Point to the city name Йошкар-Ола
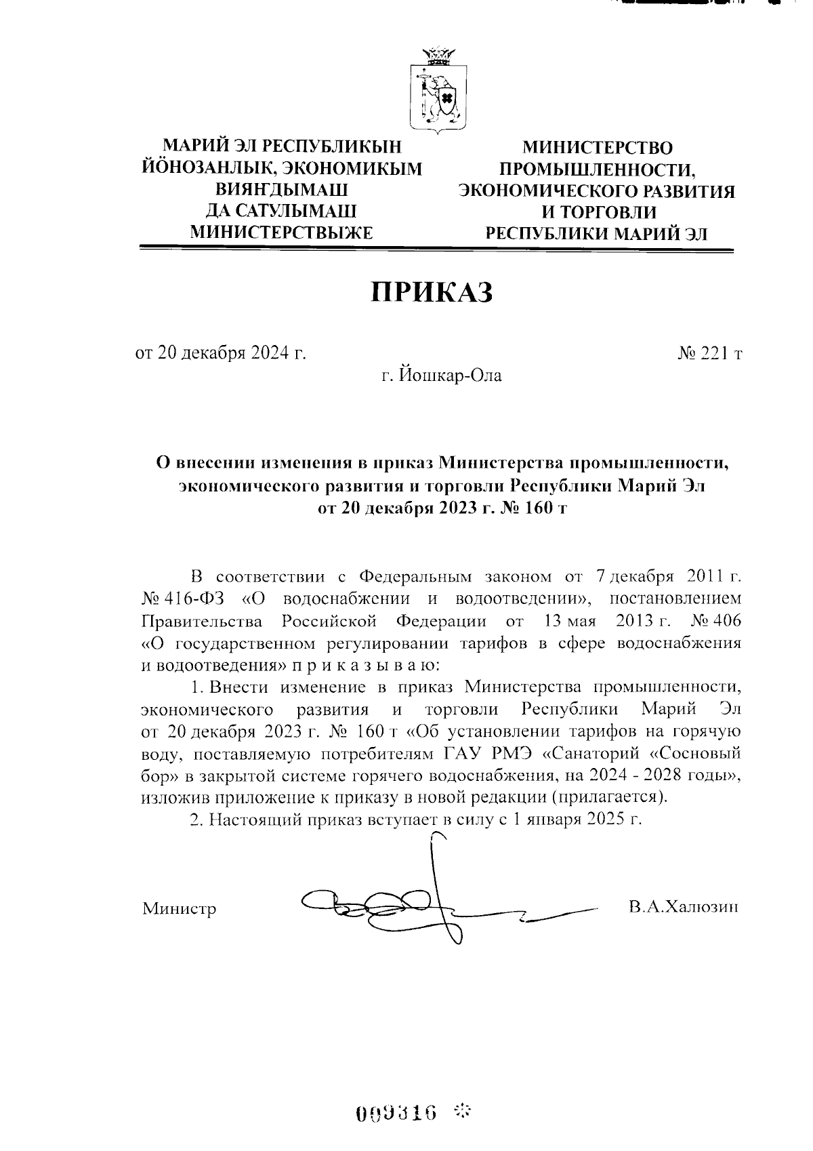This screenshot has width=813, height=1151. pos(441,375)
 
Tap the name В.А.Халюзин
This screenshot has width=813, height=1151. pos(683,907)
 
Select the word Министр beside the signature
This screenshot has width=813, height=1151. pos(179,908)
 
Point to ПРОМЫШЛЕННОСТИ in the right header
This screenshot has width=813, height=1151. pos(597,169)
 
